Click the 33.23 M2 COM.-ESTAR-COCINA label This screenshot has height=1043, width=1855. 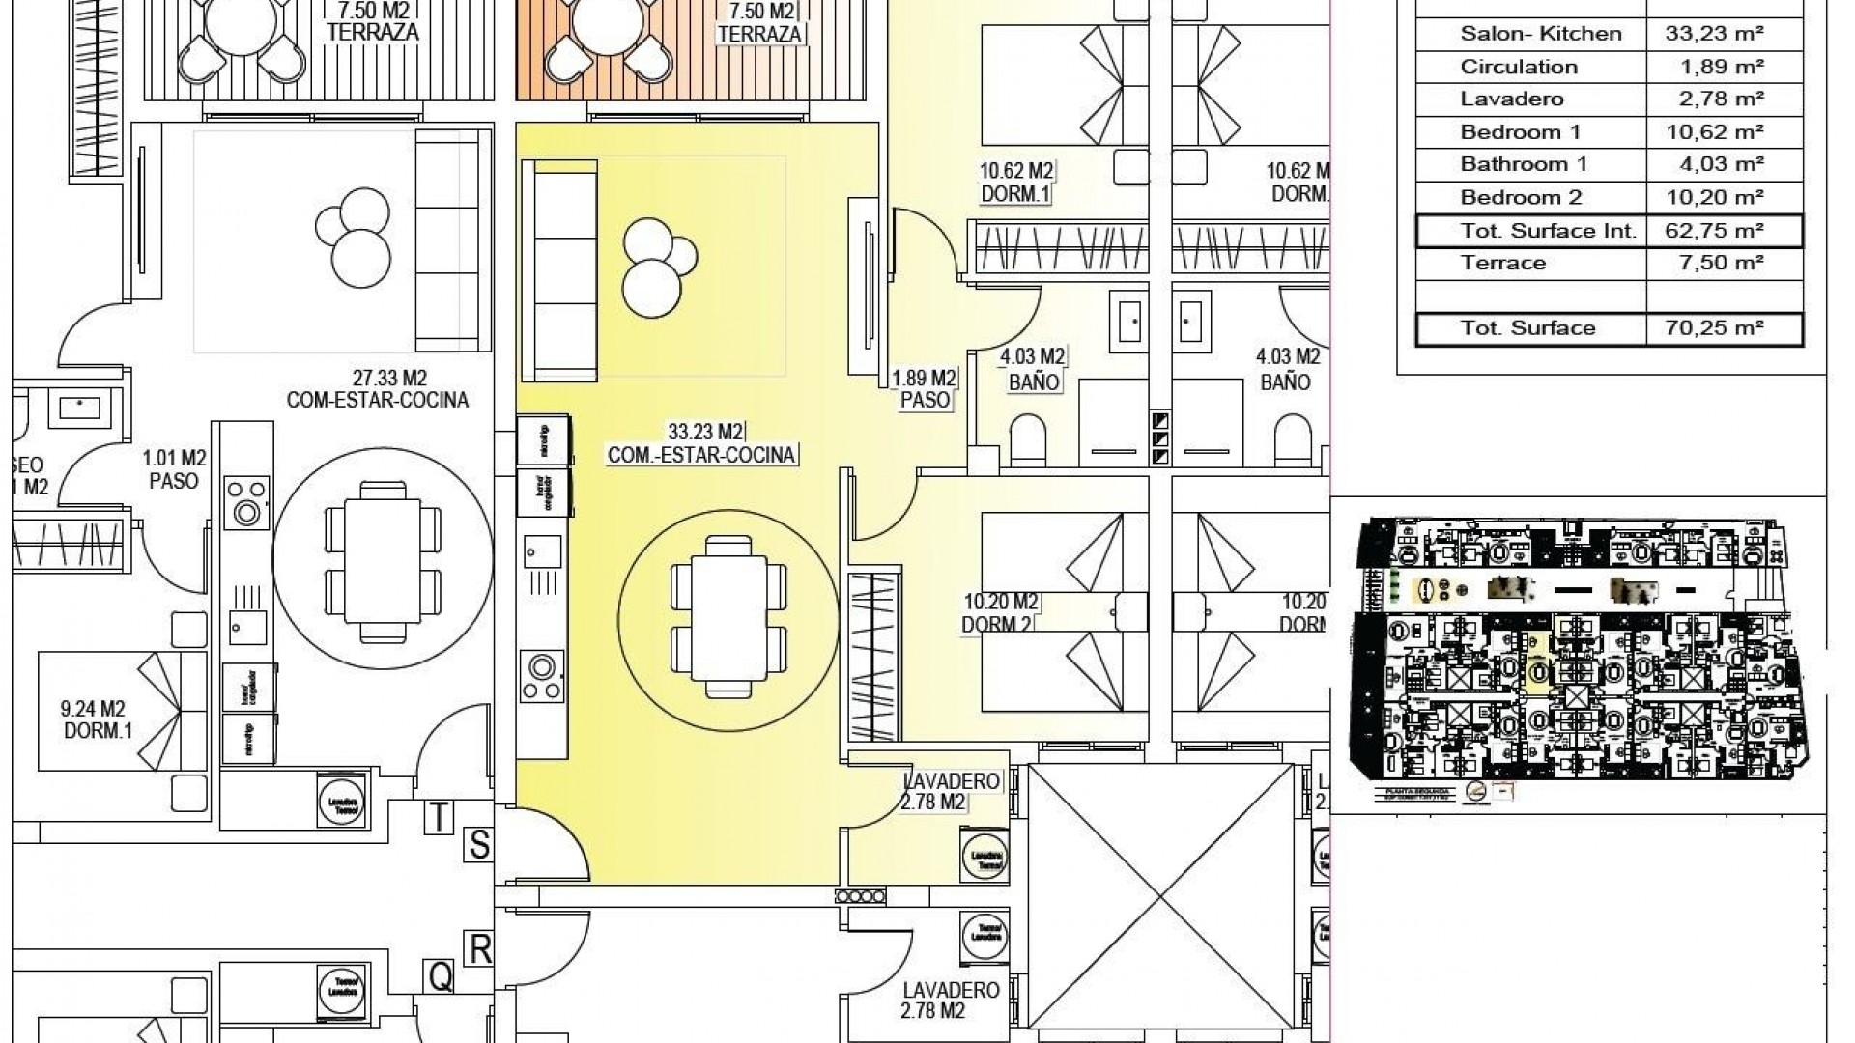[702, 443]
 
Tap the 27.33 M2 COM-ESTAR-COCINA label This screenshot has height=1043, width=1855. [377, 389]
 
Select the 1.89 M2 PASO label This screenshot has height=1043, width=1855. [924, 388]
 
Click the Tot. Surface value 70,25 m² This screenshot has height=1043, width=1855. [1715, 328]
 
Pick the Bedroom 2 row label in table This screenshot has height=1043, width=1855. [1521, 198]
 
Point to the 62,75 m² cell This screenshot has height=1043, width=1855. [1715, 231]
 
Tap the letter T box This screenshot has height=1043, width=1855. [439, 817]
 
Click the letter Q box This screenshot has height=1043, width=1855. [441, 977]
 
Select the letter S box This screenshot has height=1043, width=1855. [479, 845]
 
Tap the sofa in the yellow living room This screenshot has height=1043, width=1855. [558, 270]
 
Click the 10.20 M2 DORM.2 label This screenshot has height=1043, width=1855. [999, 614]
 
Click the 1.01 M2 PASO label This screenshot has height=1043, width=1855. [174, 468]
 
